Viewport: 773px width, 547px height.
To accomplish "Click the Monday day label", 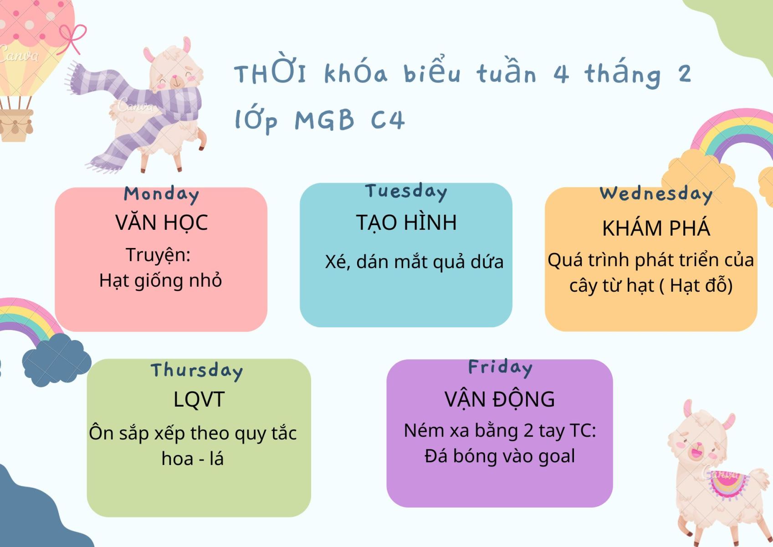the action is pos(162,195).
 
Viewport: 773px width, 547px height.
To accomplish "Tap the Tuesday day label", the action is pos(406,191).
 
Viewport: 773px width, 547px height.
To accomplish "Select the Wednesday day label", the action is pos(656,194).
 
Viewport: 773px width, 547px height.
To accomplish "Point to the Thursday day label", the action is pos(197,371).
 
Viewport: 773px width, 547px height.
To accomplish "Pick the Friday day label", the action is pos(501,367).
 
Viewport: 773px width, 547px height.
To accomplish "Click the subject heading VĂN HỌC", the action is pos(162,222).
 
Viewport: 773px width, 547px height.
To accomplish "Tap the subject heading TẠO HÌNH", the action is pos(406,222).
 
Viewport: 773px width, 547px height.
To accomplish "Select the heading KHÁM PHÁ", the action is pos(656,228).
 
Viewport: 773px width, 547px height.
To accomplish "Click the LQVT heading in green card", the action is pos(199,400).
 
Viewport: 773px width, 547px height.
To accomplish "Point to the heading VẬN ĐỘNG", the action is pos(500,400).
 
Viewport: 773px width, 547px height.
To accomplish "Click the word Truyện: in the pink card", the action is pos(158,255).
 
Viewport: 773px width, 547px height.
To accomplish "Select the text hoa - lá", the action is pos(193,459).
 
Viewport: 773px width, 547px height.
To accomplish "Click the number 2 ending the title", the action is pos(685,74).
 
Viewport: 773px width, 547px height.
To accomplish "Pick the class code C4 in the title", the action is pos(388,120).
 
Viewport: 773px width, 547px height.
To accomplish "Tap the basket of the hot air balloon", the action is pos(16,125).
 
